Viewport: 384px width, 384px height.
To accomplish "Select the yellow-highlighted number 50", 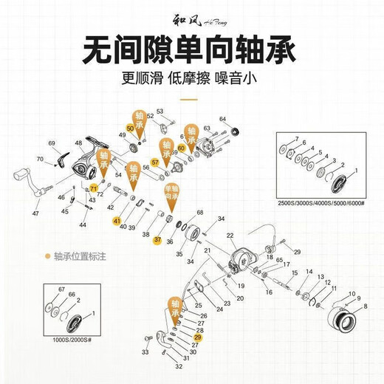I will pos(131,128).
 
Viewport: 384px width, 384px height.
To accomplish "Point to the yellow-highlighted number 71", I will pos(94,188).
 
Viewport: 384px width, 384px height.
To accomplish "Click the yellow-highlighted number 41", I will pos(116,220).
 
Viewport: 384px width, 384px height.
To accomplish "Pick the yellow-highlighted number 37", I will pos(157,240).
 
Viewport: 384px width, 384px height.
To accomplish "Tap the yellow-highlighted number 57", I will pos(155,162).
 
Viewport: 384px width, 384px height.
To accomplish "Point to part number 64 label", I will pos(222,119).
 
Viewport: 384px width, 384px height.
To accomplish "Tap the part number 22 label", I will pos(230,236).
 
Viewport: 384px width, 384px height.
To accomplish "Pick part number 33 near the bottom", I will pos(145,352).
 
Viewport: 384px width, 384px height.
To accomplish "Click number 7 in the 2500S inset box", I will pos(296,139).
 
